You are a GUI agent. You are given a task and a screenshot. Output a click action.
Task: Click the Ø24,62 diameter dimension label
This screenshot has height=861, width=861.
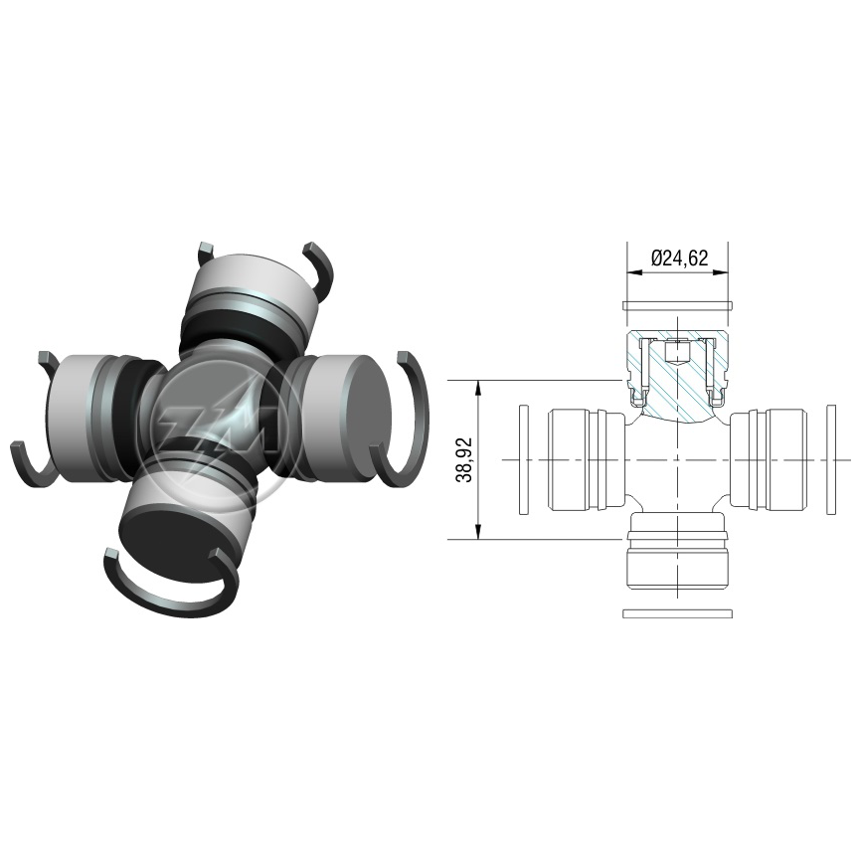(679, 258)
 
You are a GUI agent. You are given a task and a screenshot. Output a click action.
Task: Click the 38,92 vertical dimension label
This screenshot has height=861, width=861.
(464, 460)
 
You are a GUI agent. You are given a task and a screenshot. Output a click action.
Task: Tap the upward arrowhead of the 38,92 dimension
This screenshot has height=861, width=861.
(479, 388)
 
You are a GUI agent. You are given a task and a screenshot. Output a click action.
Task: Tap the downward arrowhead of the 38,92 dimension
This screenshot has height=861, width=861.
(479, 531)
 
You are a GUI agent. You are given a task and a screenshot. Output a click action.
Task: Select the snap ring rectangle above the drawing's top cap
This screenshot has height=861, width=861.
(678, 305)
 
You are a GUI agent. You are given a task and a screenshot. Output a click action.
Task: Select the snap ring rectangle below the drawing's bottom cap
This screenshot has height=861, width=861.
(678, 612)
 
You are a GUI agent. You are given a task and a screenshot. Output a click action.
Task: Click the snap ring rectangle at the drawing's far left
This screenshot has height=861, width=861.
(524, 459)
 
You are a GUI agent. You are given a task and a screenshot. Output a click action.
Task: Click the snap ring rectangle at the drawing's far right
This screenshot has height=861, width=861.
(831, 459)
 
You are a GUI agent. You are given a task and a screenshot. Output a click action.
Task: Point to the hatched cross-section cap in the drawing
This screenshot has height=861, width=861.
(678, 378)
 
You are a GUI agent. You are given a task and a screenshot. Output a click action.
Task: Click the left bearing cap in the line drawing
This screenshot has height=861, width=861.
(587, 459)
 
